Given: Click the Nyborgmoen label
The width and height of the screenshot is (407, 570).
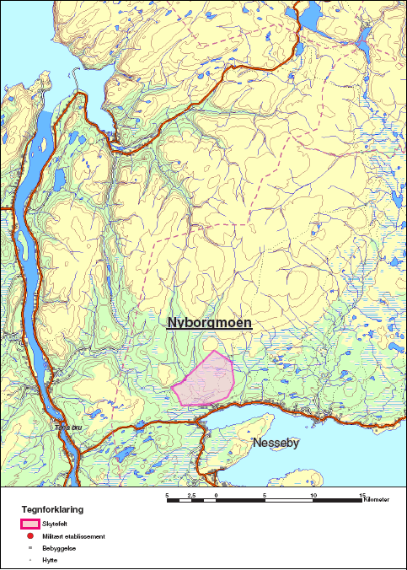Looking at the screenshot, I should (209, 322).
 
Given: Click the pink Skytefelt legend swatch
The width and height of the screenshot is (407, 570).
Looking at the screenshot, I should (30, 524).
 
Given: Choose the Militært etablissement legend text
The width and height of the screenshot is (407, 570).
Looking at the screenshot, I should (73, 535).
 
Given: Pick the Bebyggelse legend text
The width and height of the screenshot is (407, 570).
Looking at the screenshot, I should (58, 547).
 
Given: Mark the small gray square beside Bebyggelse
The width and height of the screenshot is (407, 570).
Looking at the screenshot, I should (30, 547).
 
